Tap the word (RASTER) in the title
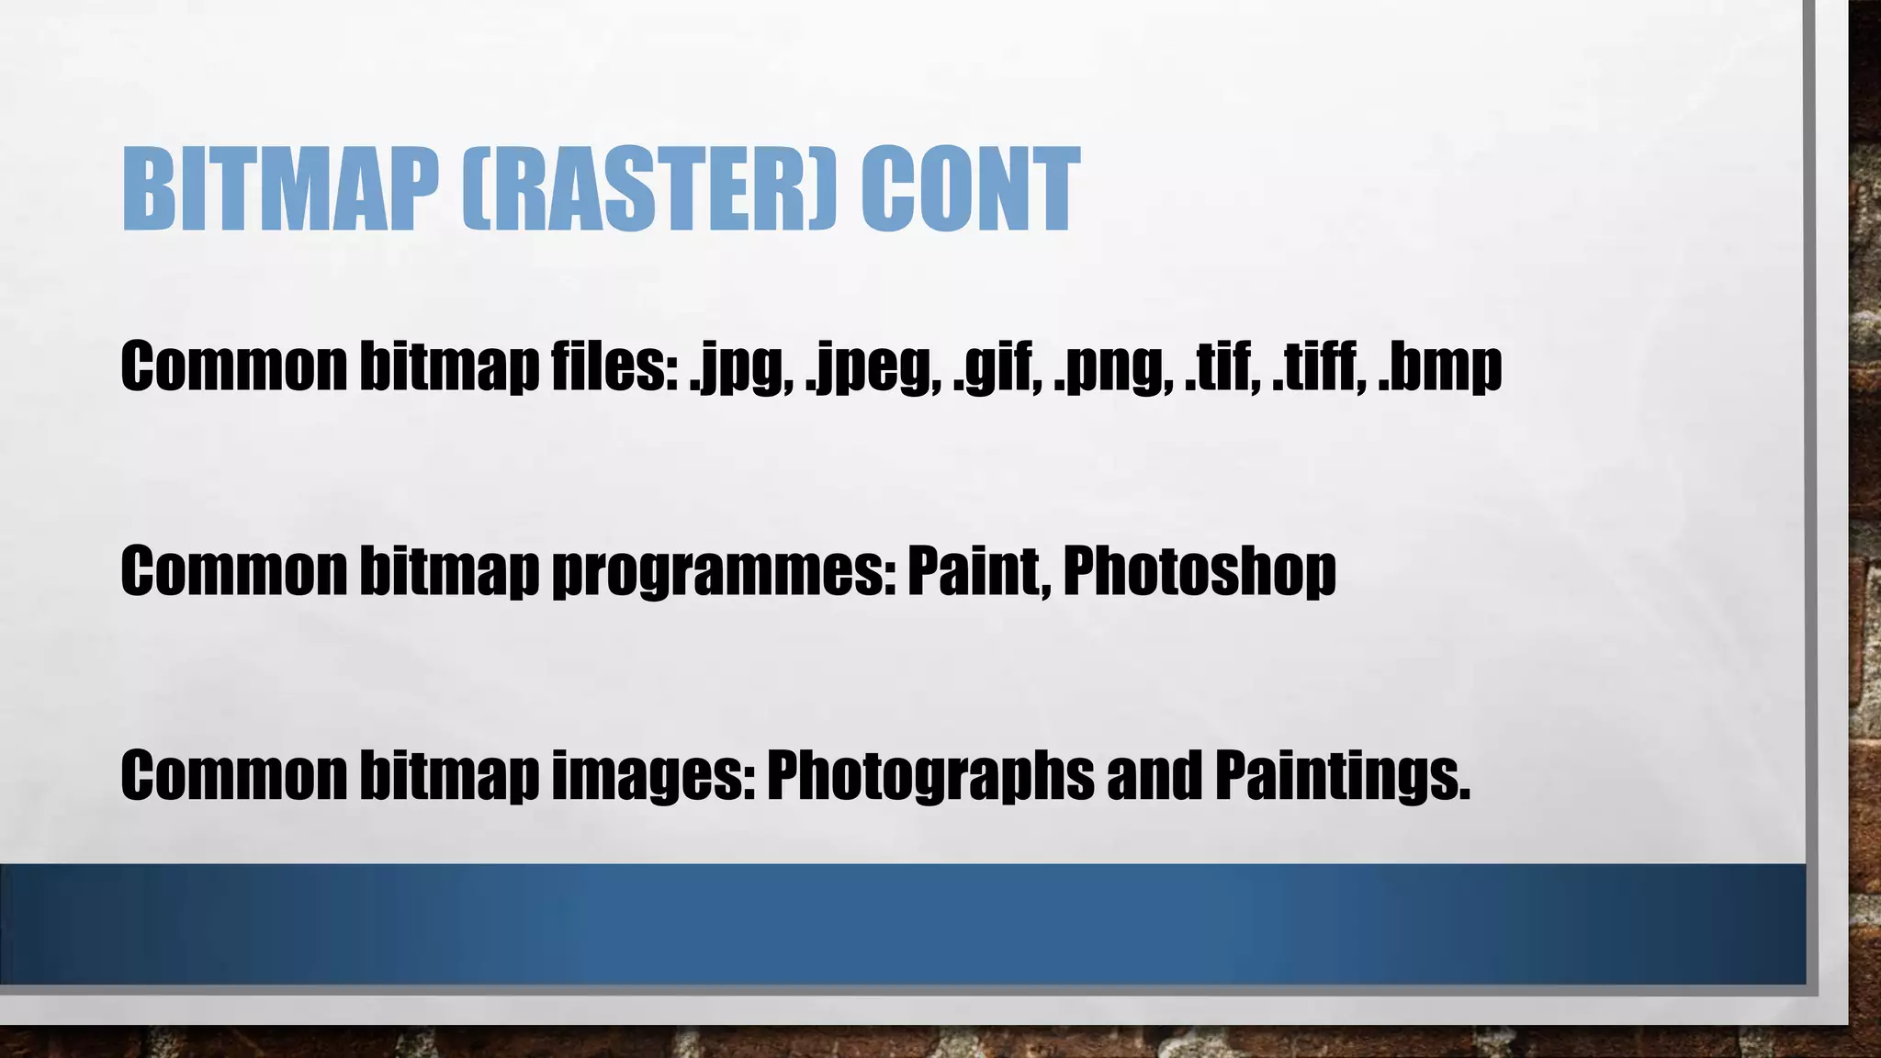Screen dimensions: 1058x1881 pyautogui.click(x=648, y=191)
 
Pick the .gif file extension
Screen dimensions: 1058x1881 pyautogui.click(x=997, y=367)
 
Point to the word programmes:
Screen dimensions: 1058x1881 pyautogui.click(x=725, y=572)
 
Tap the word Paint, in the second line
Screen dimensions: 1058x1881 pyautogui.click(x=979, y=570)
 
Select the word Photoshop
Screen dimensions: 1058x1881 pyautogui.click(x=1200, y=572)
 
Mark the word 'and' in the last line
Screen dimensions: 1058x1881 pyautogui.click(x=1154, y=774)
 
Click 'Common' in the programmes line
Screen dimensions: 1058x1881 pyautogui.click(x=233, y=570)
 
